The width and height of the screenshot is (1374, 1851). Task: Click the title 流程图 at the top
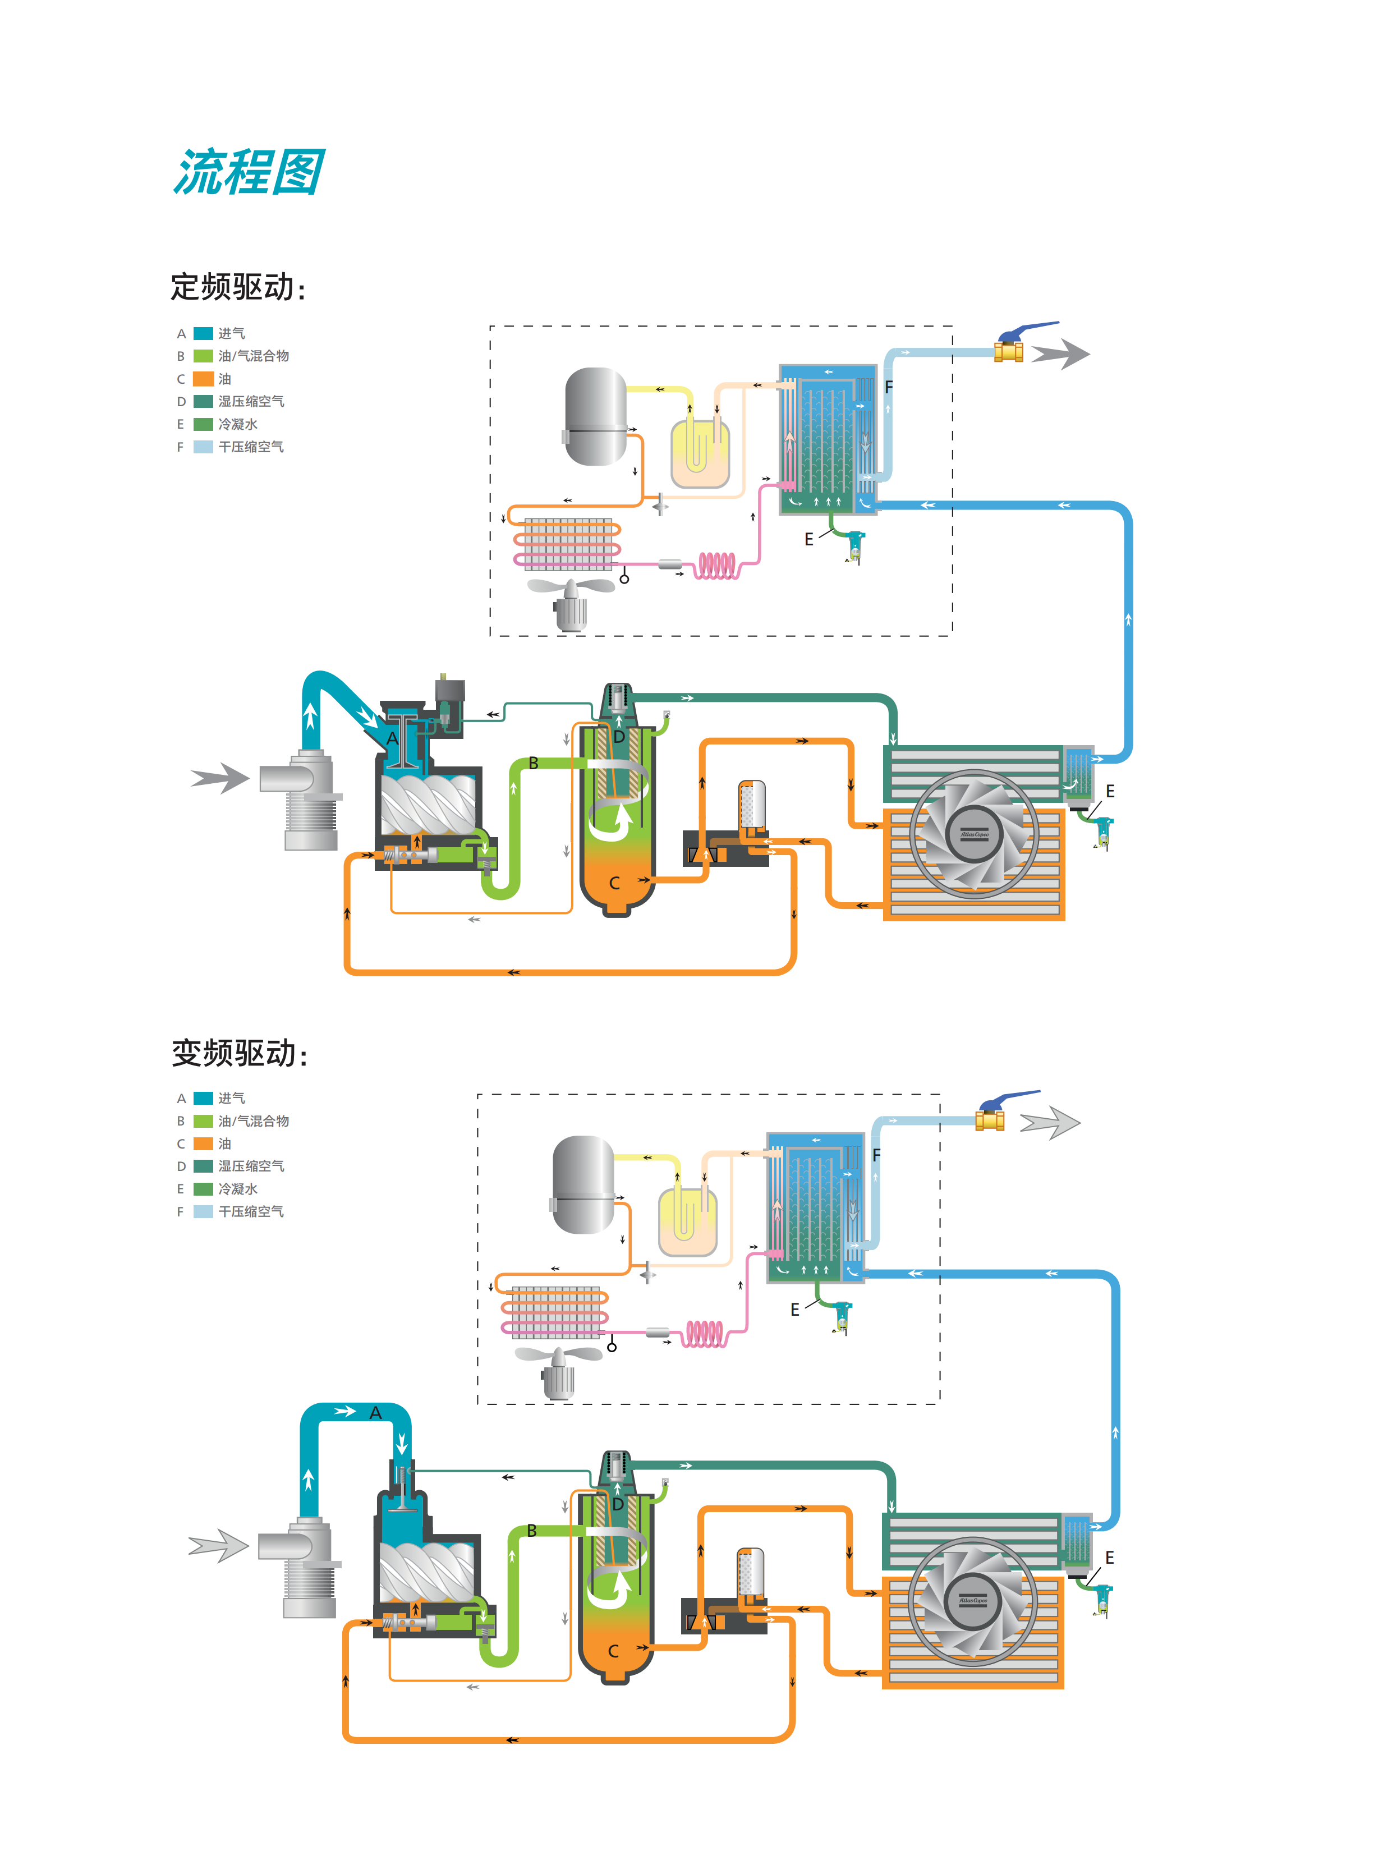pos(248,173)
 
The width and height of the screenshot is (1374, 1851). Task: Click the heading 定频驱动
pos(237,287)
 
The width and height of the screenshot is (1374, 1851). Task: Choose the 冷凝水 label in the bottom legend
pos(238,1189)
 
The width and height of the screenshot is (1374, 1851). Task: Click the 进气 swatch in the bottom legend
pos(204,1099)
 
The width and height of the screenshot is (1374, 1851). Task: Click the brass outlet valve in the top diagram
pos(1009,351)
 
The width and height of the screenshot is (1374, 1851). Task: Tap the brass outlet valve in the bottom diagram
pos(990,1119)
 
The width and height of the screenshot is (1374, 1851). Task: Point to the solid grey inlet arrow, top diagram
pos(220,778)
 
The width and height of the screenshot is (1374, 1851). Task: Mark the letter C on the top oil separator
pos(615,883)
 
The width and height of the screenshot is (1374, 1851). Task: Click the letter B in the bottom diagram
pos(531,1531)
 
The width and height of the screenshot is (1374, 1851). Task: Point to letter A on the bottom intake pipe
pos(375,1413)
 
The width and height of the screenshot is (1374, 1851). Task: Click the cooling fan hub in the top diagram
pos(974,834)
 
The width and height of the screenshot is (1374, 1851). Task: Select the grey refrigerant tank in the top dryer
pos(595,416)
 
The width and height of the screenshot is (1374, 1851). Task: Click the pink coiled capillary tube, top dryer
pos(717,566)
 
